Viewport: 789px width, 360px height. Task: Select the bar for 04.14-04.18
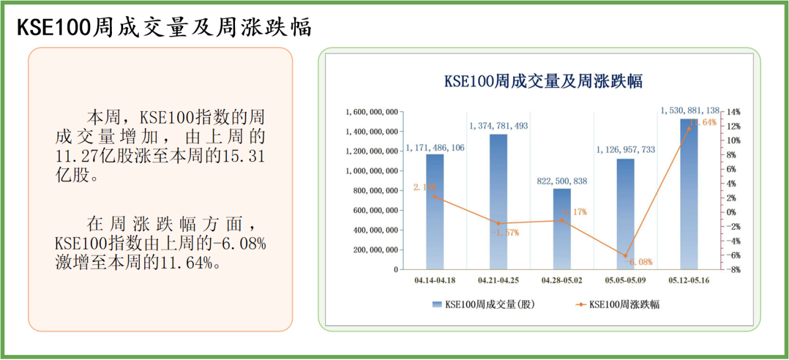[x=435, y=211]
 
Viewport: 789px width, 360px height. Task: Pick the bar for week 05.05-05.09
[x=625, y=214]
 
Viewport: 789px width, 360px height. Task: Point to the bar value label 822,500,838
[x=561, y=181]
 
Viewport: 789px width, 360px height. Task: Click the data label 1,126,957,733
[x=625, y=150]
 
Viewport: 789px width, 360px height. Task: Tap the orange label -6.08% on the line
[x=638, y=262]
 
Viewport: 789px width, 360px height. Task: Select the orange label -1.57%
[x=504, y=233]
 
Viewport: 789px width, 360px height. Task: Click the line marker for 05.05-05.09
[x=625, y=256]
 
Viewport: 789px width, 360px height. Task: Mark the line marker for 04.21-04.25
[x=498, y=223]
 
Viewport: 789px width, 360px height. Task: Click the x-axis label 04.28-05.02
[x=561, y=280]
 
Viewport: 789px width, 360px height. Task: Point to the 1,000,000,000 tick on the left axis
[x=372, y=171]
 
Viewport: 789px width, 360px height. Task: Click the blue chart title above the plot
[x=543, y=81]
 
